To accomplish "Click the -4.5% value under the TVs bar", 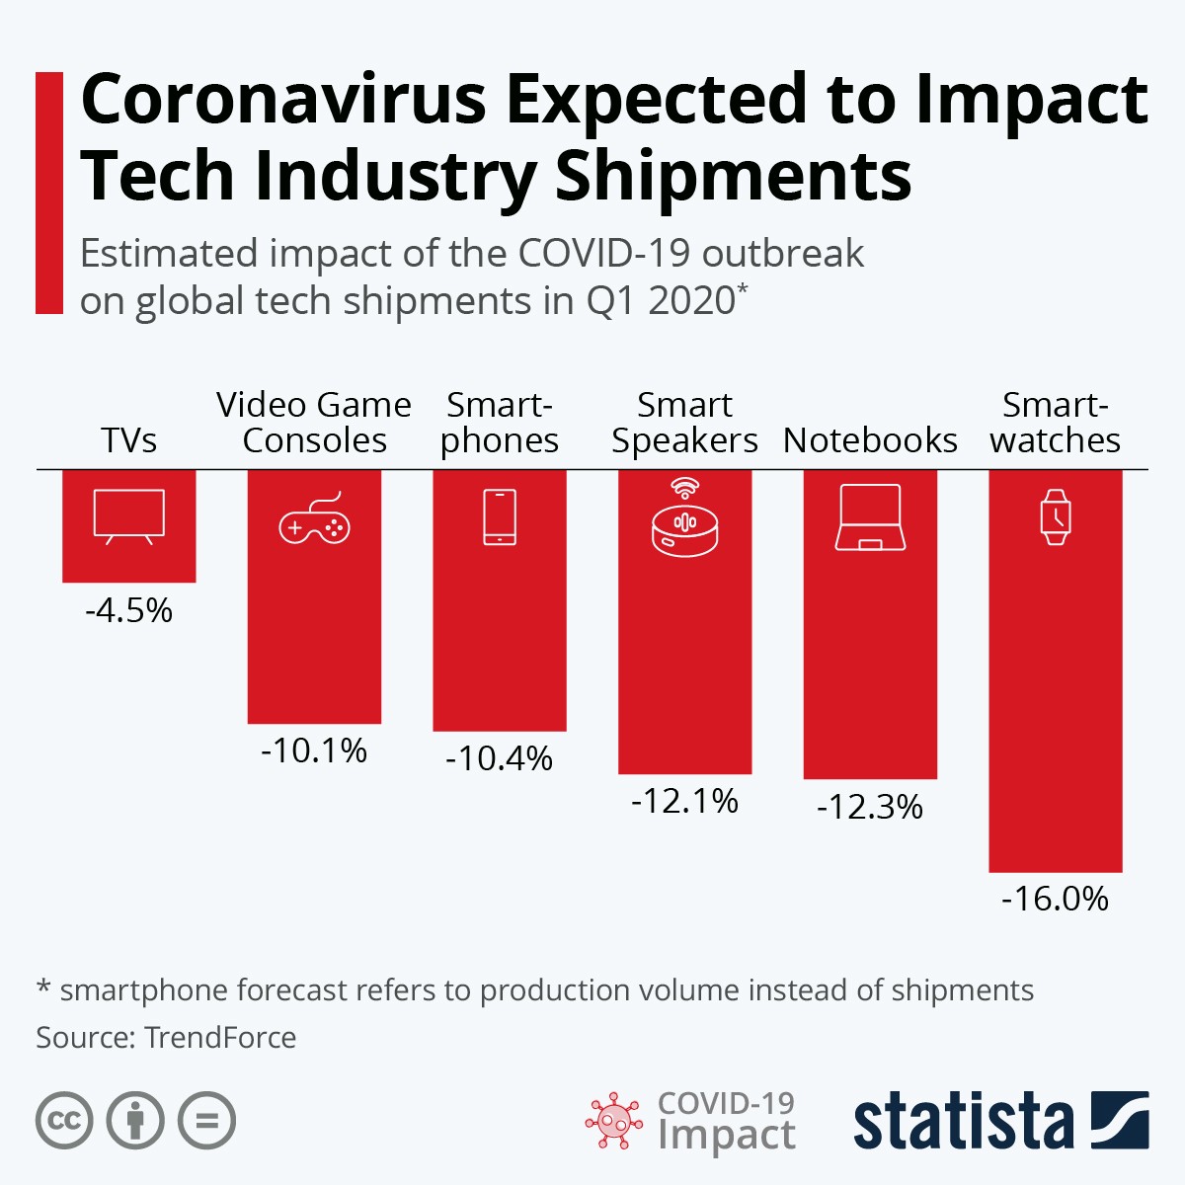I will click(x=128, y=610).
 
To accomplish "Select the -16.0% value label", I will click(x=1055, y=899).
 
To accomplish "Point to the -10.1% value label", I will click(x=314, y=750).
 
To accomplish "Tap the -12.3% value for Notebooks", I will click(x=869, y=807).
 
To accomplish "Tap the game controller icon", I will click(x=314, y=522).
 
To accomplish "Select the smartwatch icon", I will click(x=1056, y=517).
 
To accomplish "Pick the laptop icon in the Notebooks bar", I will click(x=870, y=518).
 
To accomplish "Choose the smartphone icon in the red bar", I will click(x=500, y=517).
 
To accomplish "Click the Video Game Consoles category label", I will click(x=314, y=423).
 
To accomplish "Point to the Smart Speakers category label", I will click(x=684, y=423).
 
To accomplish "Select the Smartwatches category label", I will click(x=1056, y=423).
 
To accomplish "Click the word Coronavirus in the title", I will click(x=283, y=101).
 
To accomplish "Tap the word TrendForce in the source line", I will click(x=220, y=1038).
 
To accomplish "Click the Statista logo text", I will click(x=964, y=1122).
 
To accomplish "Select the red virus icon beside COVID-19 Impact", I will click(x=614, y=1121).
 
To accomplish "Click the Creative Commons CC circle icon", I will click(x=64, y=1121).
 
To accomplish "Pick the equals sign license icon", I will click(x=207, y=1121).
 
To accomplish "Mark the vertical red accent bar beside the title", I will click(x=48, y=193).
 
